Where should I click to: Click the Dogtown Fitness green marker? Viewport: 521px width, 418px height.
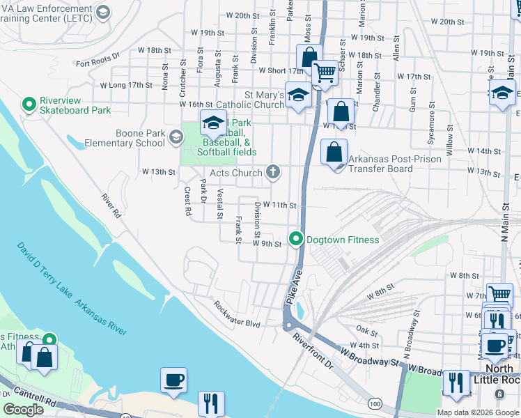coord(296,240)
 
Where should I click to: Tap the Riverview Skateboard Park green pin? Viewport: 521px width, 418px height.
coord(29,104)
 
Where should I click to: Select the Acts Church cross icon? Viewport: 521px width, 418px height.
coord(274,172)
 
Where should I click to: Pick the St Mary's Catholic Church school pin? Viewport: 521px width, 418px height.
coord(298,96)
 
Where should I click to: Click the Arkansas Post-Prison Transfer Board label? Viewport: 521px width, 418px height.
coord(380,164)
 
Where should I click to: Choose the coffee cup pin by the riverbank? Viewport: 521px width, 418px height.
coord(173,380)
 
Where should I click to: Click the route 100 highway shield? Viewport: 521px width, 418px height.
coord(375,403)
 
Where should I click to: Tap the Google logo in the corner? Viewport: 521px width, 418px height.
coord(24,410)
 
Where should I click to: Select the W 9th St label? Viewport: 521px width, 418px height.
coord(267,244)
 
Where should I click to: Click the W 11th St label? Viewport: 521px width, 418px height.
coord(284,206)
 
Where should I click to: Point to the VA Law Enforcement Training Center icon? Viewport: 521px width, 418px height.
coord(104,12)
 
